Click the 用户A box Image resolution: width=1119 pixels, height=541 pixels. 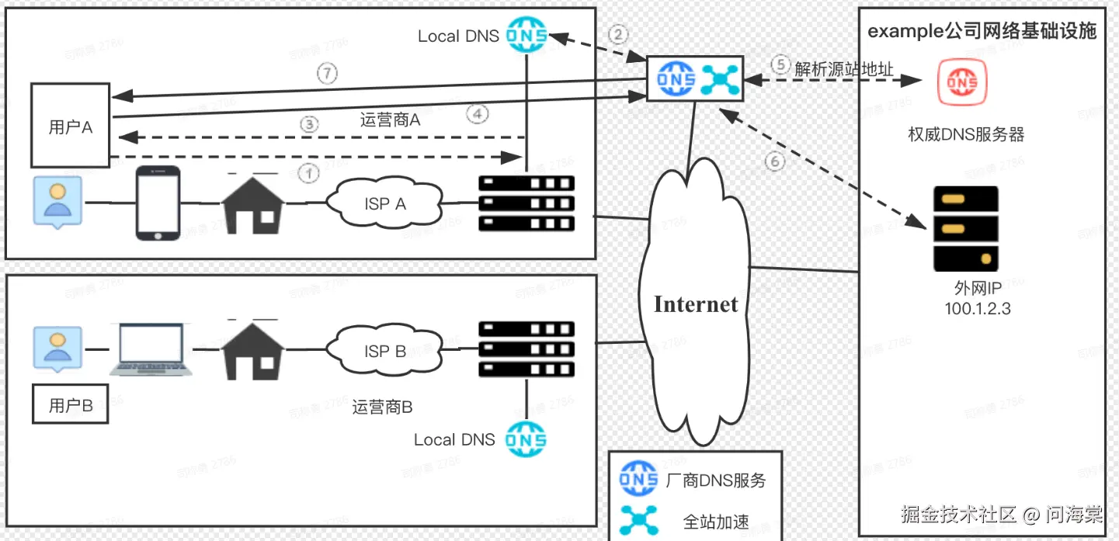click(x=70, y=127)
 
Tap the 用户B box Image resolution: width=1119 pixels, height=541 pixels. click(x=70, y=405)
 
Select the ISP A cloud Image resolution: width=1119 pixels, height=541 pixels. click(x=385, y=204)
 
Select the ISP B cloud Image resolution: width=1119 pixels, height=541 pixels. click(x=385, y=351)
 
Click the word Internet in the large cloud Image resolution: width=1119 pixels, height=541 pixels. click(x=696, y=303)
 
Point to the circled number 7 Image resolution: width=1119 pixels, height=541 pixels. click(x=328, y=75)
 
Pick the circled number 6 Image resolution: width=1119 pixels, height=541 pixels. click(x=775, y=161)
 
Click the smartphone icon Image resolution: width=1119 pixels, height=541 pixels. click(x=158, y=203)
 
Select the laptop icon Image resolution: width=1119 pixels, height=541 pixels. click(x=151, y=350)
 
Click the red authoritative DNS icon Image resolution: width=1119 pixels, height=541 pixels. click(x=961, y=82)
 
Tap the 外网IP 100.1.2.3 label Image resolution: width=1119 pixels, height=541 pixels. click(x=978, y=299)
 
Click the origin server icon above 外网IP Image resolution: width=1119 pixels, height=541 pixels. click(x=965, y=228)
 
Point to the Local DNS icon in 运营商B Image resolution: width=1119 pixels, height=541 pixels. click(x=526, y=439)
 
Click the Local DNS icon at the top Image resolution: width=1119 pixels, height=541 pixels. click(x=526, y=35)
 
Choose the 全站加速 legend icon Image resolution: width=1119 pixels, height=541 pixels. click(x=638, y=519)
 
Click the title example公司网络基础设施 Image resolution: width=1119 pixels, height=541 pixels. click(x=982, y=31)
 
